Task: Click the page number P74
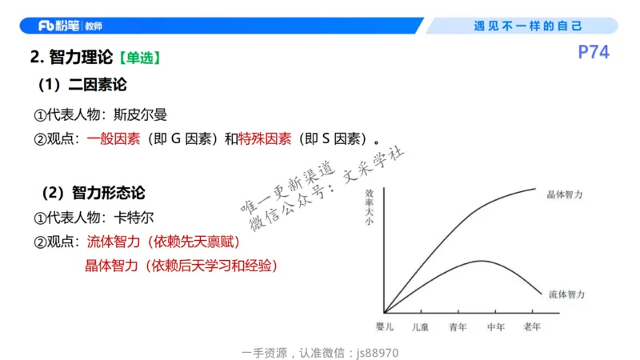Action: point(594,53)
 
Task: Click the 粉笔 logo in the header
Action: point(58,26)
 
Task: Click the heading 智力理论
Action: point(81,58)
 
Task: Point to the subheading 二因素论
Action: point(98,85)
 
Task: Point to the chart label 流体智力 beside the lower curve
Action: point(566,294)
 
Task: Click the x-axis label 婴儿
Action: point(385,326)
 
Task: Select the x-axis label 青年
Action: point(458,326)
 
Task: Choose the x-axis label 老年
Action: point(532,326)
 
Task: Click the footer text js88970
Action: point(378,352)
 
